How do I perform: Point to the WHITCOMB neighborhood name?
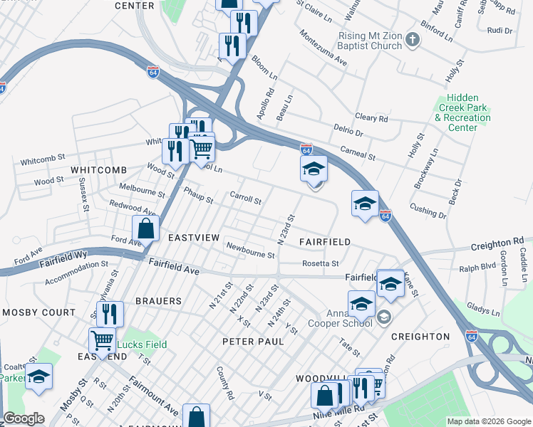[x=98, y=170]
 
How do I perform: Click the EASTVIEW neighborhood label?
[x=193, y=237]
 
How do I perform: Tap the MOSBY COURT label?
[x=38, y=312]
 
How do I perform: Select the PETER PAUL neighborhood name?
[x=253, y=342]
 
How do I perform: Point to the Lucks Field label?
[x=143, y=344]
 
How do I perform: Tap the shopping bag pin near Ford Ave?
[x=145, y=230]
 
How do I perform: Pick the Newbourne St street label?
[x=250, y=250]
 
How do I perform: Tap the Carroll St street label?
[x=245, y=197]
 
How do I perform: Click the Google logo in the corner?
[x=24, y=418]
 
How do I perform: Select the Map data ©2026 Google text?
[x=488, y=421]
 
